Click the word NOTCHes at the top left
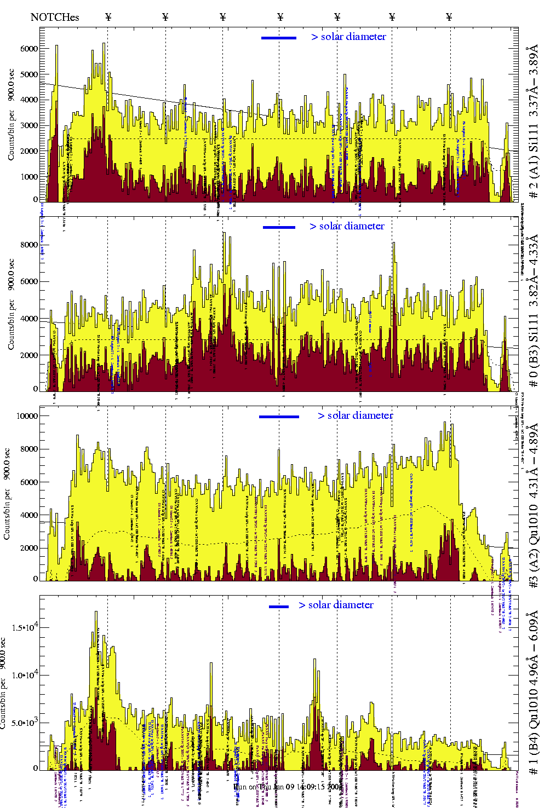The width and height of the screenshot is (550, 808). click(x=55, y=17)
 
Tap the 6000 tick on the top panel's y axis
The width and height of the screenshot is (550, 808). click(x=28, y=49)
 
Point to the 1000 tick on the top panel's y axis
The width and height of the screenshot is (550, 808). click(x=28, y=177)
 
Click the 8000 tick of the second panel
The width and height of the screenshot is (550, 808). click(x=28, y=245)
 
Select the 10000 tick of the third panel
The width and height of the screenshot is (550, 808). click(x=27, y=416)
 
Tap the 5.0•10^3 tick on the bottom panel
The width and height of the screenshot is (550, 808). click(x=22, y=723)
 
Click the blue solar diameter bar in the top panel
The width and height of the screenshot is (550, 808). click(x=279, y=38)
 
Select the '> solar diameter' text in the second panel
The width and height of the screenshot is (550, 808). click(x=347, y=226)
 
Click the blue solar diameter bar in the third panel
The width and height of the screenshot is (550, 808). click(x=279, y=417)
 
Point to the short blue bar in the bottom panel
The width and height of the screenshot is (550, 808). click(x=279, y=607)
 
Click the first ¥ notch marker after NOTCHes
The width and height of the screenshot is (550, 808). click(x=108, y=17)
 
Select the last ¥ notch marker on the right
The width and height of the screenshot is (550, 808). click(x=449, y=17)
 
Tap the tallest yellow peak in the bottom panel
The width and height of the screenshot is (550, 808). click(x=96, y=613)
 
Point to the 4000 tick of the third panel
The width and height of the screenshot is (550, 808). click(x=28, y=515)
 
